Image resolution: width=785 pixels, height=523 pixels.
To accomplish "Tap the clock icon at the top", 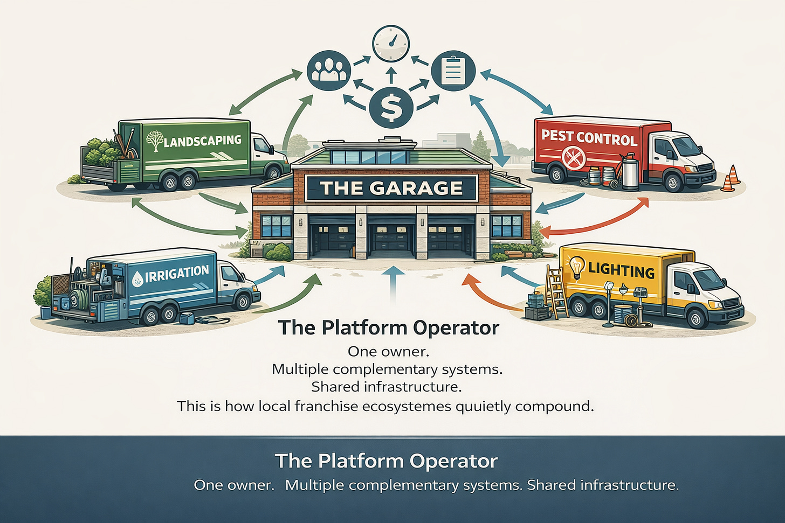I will click(x=391, y=44).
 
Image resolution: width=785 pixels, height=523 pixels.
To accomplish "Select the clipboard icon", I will click(x=453, y=71).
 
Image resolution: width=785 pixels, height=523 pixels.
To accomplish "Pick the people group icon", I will click(x=328, y=71).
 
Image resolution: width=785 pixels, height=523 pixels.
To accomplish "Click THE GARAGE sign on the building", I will click(x=391, y=188).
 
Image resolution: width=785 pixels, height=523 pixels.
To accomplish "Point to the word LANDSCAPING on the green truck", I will click(x=202, y=141).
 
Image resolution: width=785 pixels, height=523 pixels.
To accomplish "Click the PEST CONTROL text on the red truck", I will click(x=589, y=137).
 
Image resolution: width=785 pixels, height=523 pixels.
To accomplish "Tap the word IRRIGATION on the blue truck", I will click(x=176, y=273).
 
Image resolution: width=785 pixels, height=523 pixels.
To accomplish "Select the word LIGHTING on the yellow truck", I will click(x=621, y=269).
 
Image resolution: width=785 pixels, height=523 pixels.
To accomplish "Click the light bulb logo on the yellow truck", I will click(x=577, y=267).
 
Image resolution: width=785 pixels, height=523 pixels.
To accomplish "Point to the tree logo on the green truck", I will click(x=155, y=140).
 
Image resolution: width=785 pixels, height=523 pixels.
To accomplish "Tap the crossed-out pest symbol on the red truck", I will click(x=573, y=158).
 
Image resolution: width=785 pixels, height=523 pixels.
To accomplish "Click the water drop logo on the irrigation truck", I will click(x=138, y=278).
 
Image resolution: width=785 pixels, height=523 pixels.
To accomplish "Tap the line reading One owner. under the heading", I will click(x=388, y=351).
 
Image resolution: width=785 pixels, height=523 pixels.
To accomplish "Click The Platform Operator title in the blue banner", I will click(x=386, y=461).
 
